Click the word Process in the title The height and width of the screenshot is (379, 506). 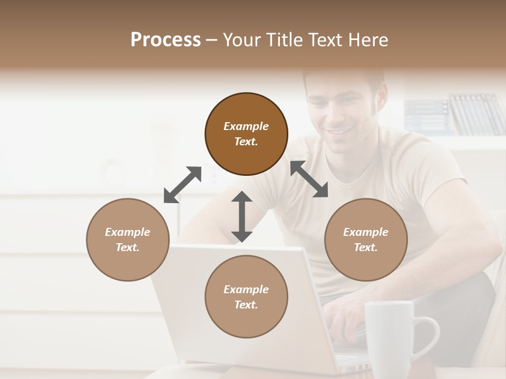click(166, 40)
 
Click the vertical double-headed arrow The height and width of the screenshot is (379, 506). click(242, 216)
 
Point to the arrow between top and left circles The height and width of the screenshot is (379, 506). click(182, 184)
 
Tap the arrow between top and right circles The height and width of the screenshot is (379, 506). click(309, 179)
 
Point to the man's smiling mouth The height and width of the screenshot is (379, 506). click(337, 131)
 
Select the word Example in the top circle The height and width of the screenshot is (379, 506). click(246, 126)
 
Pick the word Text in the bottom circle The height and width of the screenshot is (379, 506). click(246, 305)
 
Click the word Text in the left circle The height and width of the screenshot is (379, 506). click(128, 247)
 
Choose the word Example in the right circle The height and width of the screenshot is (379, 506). click(366, 232)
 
